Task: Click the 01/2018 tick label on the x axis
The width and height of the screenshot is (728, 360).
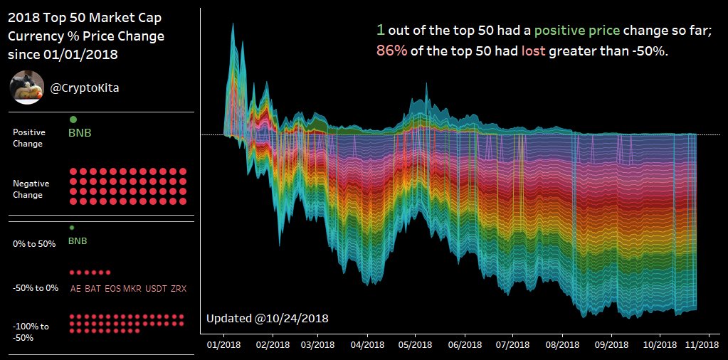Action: (223, 344)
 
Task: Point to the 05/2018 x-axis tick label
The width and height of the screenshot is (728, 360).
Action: (416, 344)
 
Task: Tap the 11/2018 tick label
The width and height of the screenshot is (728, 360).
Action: (702, 344)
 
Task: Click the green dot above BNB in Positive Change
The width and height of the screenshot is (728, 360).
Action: (73, 120)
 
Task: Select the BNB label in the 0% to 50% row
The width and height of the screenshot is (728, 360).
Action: (78, 241)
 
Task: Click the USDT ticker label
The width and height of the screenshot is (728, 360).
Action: (156, 289)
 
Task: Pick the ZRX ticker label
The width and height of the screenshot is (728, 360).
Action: (179, 289)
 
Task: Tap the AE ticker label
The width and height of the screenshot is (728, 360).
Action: (75, 289)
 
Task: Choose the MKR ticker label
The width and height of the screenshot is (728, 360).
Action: (132, 289)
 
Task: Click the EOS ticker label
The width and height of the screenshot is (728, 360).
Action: (112, 289)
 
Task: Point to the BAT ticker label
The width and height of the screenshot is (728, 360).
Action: (93, 289)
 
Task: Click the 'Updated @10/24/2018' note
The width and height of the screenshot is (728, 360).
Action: (267, 318)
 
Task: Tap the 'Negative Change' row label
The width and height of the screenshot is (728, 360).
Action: (29, 189)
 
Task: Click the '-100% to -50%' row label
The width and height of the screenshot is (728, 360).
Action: (31, 332)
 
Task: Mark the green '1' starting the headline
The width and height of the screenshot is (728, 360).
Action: (381, 30)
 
